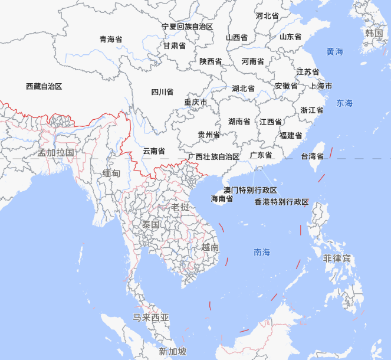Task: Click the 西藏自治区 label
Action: [44, 86]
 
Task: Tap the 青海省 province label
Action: [111, 40]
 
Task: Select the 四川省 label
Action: [162, 91]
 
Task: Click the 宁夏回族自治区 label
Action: [188, 27]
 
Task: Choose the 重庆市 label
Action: [195, 102]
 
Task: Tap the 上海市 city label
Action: [321, 86]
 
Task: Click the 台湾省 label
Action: [313, 156]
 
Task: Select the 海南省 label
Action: [222, 199]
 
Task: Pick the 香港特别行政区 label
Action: [281, 202]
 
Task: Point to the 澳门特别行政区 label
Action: [250, 190]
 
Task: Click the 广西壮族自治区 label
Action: [213, 156]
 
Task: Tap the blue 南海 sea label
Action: [262, 252]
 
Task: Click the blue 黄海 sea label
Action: [335, 52]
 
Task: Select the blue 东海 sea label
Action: [344, 103]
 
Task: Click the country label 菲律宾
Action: [337, 258]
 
